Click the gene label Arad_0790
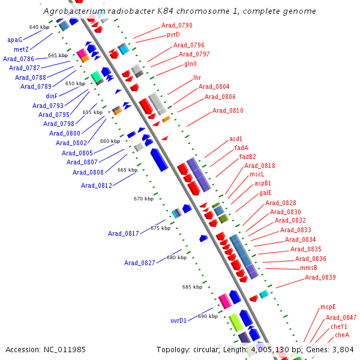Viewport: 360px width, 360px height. (x=177, y=26)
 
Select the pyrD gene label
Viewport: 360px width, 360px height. (x=173, y=35)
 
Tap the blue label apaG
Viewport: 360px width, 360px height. (x=14, y=40)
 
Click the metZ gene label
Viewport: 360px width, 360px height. (x=21, y=49)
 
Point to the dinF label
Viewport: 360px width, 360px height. (x=51, y=96)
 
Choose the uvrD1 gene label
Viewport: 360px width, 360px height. (x=179, y=320)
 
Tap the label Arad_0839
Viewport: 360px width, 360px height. (x=320, y=277)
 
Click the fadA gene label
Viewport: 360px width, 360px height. (x=241, y=148)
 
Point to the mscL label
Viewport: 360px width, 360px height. (x=257, y=175)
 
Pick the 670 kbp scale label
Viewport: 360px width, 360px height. (x=143, y=199)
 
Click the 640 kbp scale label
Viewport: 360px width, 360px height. (x=39, y=28)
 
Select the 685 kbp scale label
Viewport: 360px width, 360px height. (x=193, y=287)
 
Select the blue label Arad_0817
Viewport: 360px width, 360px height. (x=124, y=233)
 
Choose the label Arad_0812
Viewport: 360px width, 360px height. (x=97, y=185)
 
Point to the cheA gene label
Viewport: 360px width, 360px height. (x=342, y=335)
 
